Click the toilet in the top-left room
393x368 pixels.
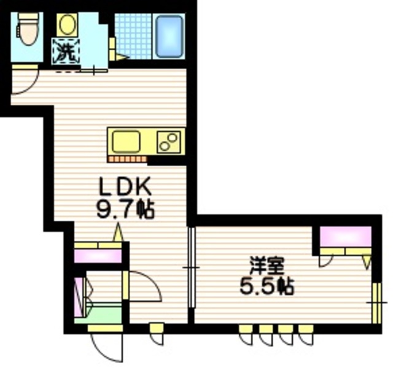pyautogui.click(x=26, y=28)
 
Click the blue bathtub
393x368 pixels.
pyautogui.click(x=168, y=36)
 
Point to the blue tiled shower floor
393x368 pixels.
pyautogui.click(x=133, y=36)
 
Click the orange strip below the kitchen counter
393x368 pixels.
pyautogui.click(x=127, y=159)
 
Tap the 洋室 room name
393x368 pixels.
pyautogui.click(x=266, y=265)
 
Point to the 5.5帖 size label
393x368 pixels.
pyautogui.click(x=266, y=285)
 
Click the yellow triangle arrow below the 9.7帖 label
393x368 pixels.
pyautogui.click(x=119, y=233)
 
